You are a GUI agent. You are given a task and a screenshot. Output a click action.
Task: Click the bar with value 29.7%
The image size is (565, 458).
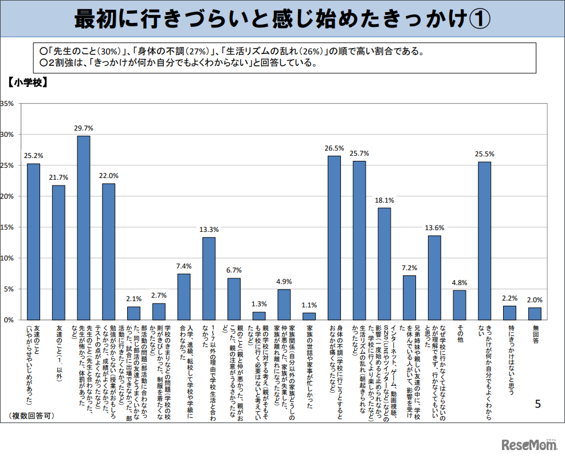pos(84,228)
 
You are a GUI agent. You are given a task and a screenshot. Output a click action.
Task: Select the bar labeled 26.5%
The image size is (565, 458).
pos(334,238)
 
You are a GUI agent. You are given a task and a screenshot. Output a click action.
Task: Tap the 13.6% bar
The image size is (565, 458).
pos(434,278)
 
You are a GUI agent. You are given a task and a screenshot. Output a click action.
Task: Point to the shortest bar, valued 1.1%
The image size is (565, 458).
pos(309,316)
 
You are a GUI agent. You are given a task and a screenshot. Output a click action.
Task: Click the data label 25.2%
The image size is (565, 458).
pos(33,155)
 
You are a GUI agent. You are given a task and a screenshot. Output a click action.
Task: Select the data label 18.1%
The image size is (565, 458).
pos(384,200)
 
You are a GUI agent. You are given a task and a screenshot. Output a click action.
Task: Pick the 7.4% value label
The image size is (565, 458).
pos(184,266)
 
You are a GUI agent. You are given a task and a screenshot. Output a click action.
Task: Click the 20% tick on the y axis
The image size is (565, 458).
pos(7,196)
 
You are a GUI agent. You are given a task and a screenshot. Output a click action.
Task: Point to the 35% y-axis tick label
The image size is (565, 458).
pos(7,104)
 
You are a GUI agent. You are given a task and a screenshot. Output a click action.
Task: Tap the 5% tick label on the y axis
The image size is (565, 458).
pos(9,289)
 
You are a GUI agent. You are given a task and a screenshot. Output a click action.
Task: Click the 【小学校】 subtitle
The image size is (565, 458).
pos(28,82)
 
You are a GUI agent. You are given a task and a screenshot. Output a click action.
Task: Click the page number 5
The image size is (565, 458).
pos(537,404)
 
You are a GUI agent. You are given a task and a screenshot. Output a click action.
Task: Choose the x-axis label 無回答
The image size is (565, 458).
pos(535,335)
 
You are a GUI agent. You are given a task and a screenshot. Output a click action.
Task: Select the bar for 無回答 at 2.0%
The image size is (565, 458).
pos(535,314)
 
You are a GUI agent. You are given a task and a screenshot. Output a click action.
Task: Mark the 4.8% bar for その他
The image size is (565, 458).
pos(460,305)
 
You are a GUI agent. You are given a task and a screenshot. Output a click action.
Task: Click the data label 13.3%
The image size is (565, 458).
pos(209,230)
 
